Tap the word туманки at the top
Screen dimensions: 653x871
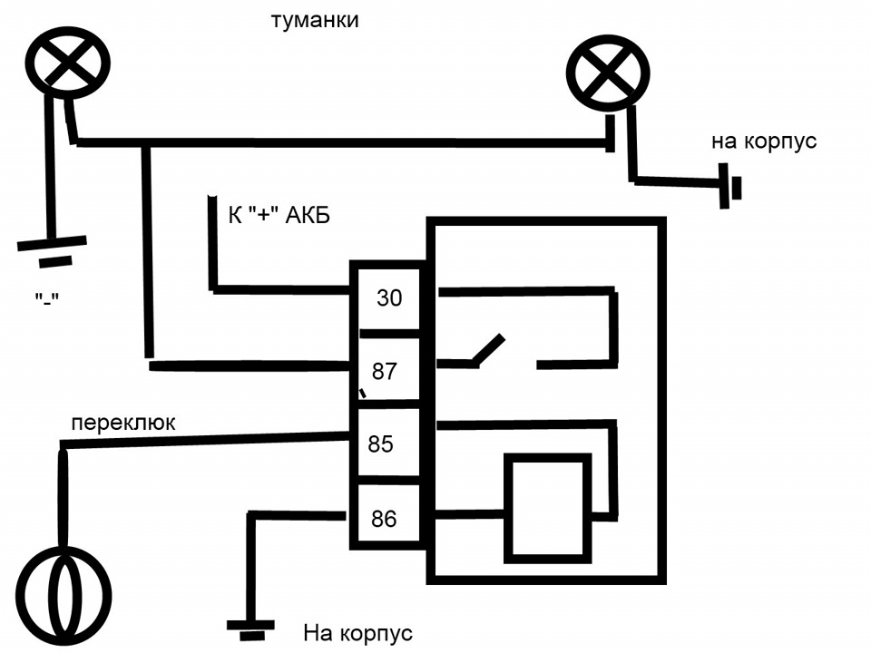(315, 20)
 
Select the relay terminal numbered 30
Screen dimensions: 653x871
(388, 297)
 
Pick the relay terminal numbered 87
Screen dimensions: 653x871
(386, 372)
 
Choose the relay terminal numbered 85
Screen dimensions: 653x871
(382, 444)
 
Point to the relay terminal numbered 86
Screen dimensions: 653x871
(385, 520)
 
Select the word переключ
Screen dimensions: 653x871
(124, 423)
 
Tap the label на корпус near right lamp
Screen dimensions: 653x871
(763, 141)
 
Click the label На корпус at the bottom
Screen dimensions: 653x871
(357, 632)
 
